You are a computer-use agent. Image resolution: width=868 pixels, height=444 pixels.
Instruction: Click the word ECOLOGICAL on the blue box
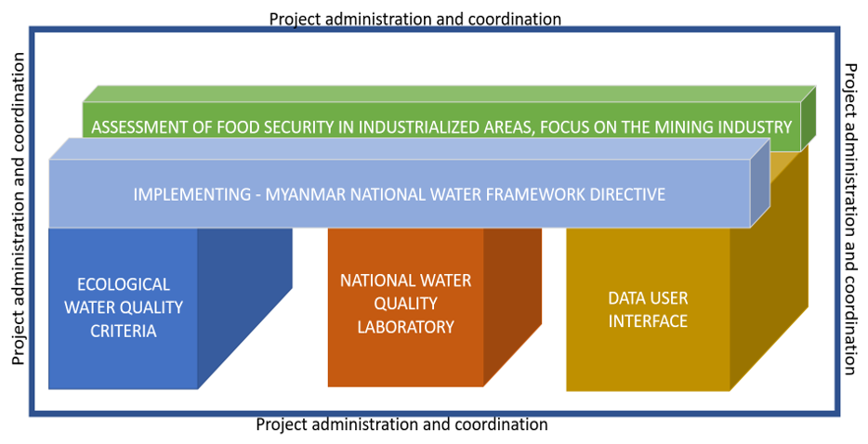(x=123, y=284)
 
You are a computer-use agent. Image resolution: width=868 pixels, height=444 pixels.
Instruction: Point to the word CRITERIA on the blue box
(x=123, y=330)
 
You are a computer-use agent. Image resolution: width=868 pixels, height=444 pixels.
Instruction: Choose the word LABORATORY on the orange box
(x=405, y=327)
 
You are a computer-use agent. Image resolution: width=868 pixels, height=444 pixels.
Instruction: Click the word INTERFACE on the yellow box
(x=648, y=321)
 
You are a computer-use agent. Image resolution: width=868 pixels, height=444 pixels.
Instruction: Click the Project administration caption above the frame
(x=414, y=19)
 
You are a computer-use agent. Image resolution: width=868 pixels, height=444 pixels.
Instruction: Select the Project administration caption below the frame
(x=401, y=425)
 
